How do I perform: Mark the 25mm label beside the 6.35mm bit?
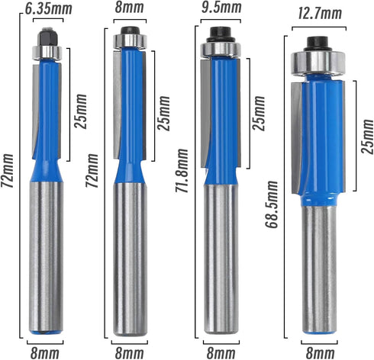pyautogui.click(x=82, y=112)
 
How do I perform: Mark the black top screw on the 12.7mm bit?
pyautogui.click(x=314, y=43)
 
